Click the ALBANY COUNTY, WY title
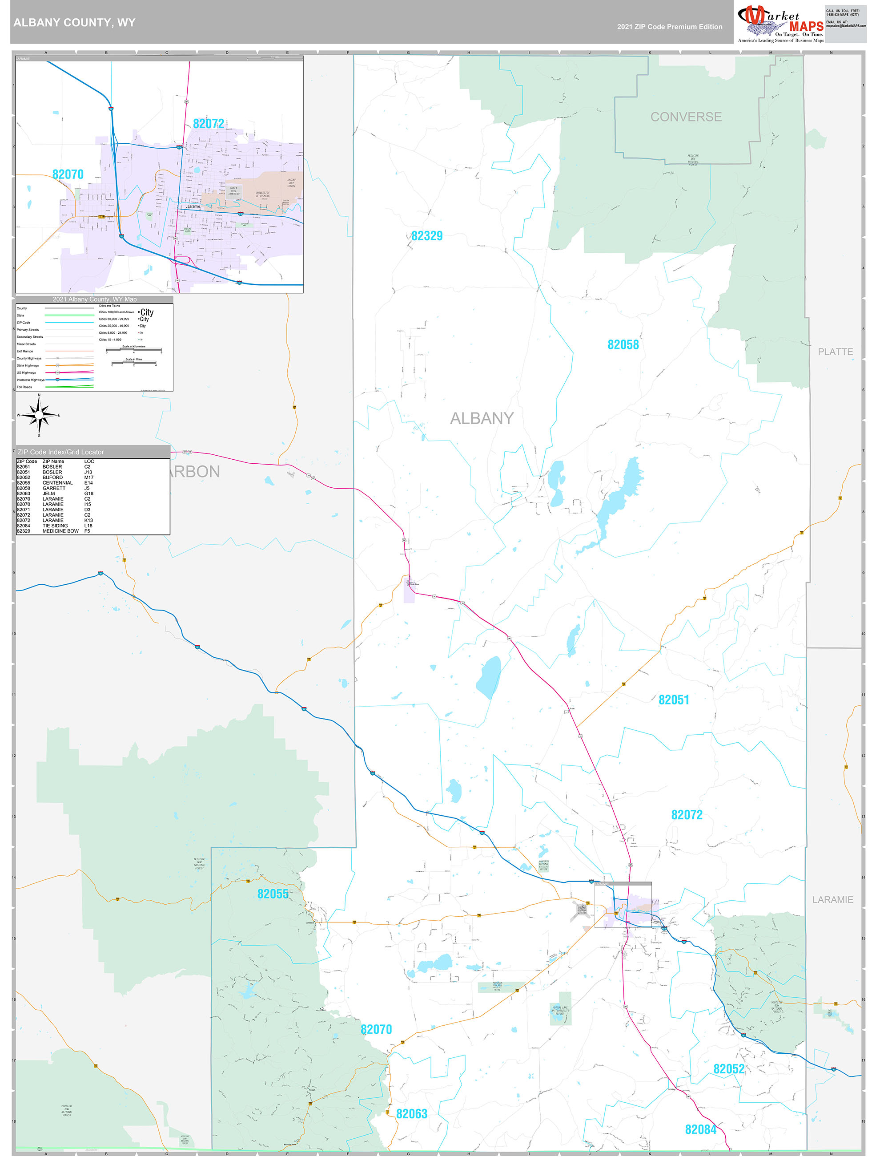coord(74,23)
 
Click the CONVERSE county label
coord(686,117)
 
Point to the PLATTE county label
coord(835,352)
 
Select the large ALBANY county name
coord(482,418)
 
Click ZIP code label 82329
coord(426,236)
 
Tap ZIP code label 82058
coord(623,345)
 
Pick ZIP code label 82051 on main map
coord(673,700)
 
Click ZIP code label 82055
coord(273,894)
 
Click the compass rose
coord(39,415)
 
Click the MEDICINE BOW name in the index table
coord(60,531)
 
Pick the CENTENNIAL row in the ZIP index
coord(57,483)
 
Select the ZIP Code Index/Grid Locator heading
coord(60,452)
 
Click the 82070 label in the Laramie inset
coord(68,174)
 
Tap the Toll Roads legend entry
coord(24,387)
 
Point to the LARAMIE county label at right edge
coord(832,900)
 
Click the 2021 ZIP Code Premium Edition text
coord(669,27)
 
